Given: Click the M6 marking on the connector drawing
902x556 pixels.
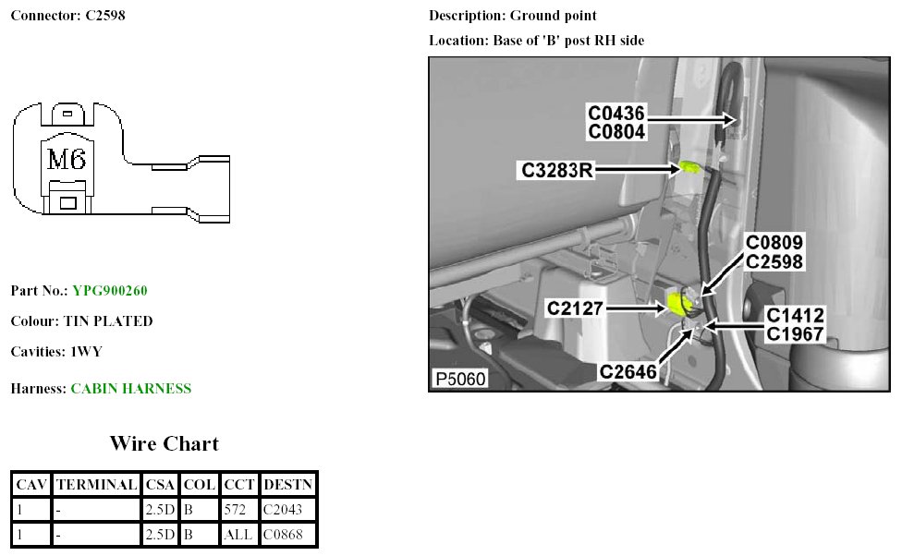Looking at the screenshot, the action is coord(67,160).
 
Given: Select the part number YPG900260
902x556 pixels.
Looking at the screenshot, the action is coord(110,291).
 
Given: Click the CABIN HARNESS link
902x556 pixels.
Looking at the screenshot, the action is coord(131,389).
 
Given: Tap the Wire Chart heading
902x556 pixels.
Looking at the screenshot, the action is coord(165,443).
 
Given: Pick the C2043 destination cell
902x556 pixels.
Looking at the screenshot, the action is coord(282,509).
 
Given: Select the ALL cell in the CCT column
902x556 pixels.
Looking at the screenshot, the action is coord(238,534).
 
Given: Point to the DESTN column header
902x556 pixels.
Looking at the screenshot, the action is coord(287,484).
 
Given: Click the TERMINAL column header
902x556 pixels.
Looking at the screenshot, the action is coord(96,484).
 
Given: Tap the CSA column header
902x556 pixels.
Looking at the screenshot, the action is coord(160,484).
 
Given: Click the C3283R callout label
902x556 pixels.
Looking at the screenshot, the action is coord(555,170).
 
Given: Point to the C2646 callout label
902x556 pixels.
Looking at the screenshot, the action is coord(628,371).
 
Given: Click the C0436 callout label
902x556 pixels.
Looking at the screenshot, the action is coord(616,113).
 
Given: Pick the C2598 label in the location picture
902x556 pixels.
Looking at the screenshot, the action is coord(774,261).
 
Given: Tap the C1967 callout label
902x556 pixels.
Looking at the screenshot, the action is coord(795,333).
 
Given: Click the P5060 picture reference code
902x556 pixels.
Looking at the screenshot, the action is coord(458,379).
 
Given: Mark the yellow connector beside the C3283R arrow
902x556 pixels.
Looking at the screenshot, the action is coord(689,167).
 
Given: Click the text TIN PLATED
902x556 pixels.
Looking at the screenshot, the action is coord(108,321).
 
